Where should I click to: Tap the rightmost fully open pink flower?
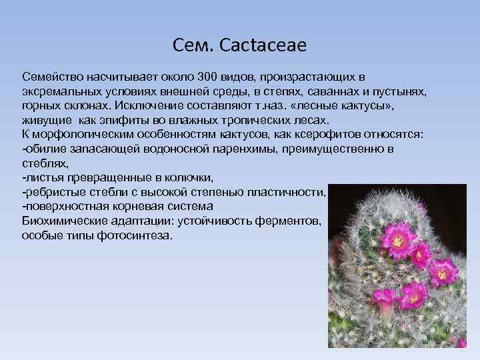[442, 271]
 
